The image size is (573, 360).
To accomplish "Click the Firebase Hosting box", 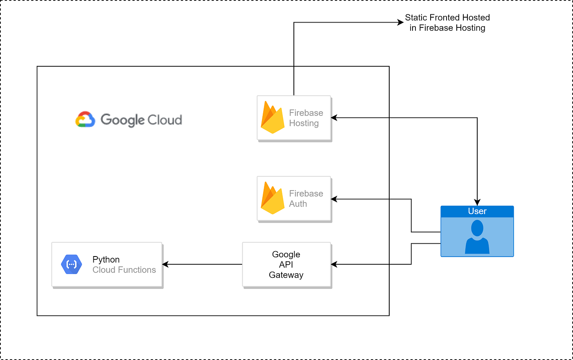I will point(294,118).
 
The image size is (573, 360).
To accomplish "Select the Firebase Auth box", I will point(294,199).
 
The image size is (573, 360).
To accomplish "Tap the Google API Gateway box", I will point(286,265).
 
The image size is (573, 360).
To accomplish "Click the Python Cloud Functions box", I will point(107,265).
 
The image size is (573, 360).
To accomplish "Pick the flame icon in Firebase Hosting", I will point(273,117).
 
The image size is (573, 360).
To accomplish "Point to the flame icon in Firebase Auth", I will point(273,198).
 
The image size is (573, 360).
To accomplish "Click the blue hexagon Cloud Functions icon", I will point(71,264).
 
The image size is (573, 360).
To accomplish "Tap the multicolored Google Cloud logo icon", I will point(85,119).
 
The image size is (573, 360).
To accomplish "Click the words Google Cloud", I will point(141,120).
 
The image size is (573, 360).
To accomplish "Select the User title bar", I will point(477,211).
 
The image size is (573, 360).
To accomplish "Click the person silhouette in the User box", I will point(477,237).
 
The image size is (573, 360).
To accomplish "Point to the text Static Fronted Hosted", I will point(447,18).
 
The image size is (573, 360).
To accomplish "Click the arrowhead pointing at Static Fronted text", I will point(401,22).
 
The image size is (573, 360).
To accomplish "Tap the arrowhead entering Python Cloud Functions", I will point(166,265).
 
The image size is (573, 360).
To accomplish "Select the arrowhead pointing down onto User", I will point(477,202).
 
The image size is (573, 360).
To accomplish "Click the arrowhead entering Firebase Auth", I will point(334,199).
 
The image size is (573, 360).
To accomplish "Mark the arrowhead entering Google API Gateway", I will point(334,265).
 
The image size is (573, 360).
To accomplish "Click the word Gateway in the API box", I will point(286,275).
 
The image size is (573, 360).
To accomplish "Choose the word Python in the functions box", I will point(106,260).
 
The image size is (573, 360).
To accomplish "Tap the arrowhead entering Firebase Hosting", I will point(334,118).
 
